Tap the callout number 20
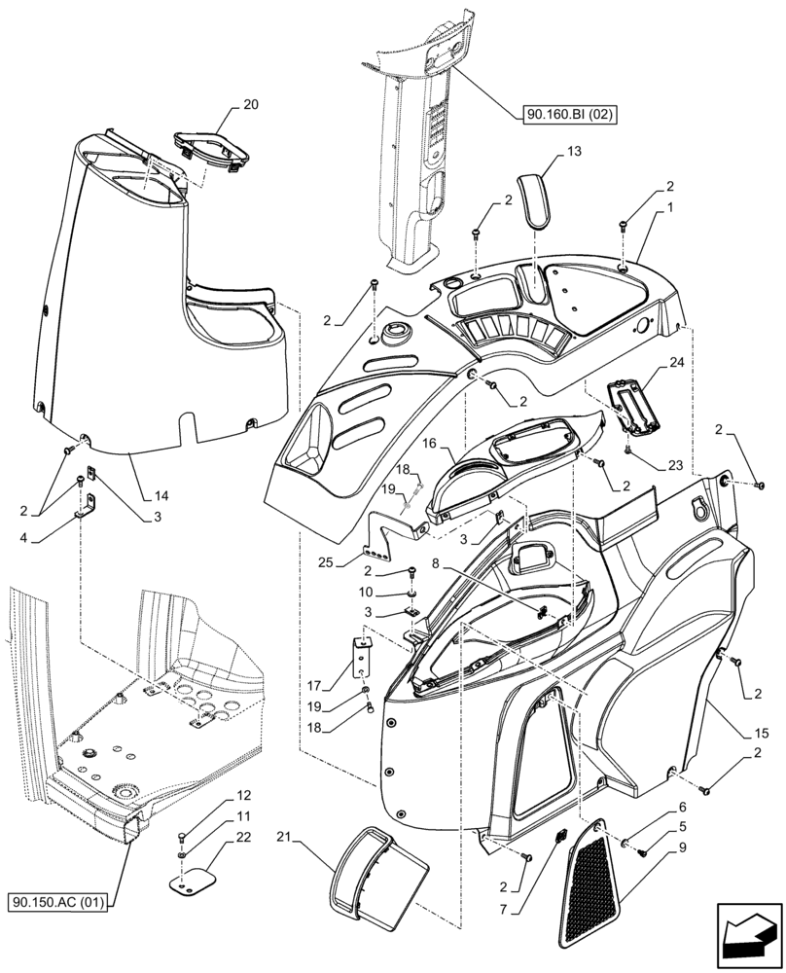coord(224,104)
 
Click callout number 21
coord(284,838)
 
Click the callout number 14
coord(161,496)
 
